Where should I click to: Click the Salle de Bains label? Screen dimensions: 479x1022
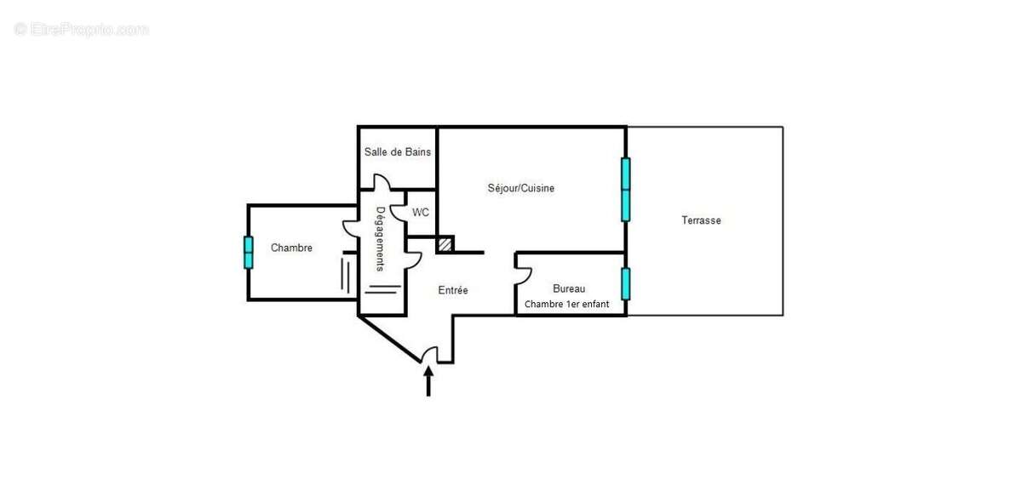[x=397, y=152]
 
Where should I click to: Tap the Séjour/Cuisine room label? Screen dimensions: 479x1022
[x=520, y=188]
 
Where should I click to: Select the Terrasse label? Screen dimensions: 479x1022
[x=701, y=220]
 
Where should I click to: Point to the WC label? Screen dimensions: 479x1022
[x=421, y=213]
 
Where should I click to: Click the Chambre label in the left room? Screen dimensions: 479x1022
[x=291, y=248]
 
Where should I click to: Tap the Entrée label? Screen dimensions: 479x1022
[x=453, y=290]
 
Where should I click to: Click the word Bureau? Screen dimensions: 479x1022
[x=569, y=288]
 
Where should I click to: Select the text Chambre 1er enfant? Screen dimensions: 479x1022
[x=566, y=304]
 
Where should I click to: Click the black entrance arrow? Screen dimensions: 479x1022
[x=428, y=379]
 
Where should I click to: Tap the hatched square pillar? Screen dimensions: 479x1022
[x=445, y=244]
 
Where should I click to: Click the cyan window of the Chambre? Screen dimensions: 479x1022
[x=249, y=252]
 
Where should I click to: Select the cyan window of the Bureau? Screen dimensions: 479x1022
[x=626, y=284]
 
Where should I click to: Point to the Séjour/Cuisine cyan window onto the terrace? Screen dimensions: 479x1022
[x=626, y=189]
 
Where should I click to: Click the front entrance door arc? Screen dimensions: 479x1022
[x=431, y=354]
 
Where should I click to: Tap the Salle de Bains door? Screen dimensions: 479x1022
[x=382, y=183]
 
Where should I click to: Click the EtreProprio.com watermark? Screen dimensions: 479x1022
[x=82, y=30]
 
